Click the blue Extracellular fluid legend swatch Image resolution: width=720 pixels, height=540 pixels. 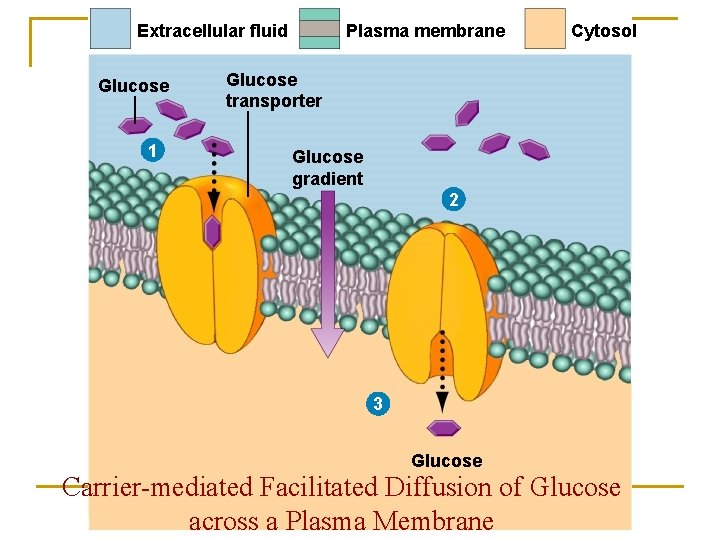point(110,29)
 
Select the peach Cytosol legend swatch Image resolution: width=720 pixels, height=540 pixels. point(545,29)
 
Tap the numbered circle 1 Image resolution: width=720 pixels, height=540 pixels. point(150,151)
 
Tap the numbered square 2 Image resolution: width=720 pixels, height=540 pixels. point(453,200)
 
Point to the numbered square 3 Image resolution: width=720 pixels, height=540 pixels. point(377,404)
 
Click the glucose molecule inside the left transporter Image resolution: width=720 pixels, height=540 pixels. point(212,232)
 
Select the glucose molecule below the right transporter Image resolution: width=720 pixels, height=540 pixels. point(443,428)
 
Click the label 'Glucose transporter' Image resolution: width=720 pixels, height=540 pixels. point(273,90)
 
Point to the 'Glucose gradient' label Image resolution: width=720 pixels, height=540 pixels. point(327,167)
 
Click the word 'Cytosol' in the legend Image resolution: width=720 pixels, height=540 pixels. point(603,31)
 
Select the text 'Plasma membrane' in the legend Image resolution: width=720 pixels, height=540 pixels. point(425,31)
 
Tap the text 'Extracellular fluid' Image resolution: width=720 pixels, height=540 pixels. point(212,31)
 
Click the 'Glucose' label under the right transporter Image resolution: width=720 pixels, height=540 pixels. point(446,461)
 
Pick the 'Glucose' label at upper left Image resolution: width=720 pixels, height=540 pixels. point(133,86)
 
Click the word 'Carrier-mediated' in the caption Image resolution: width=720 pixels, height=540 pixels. point(156,488)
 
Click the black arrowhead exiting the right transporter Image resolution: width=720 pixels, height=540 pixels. point(442,402)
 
